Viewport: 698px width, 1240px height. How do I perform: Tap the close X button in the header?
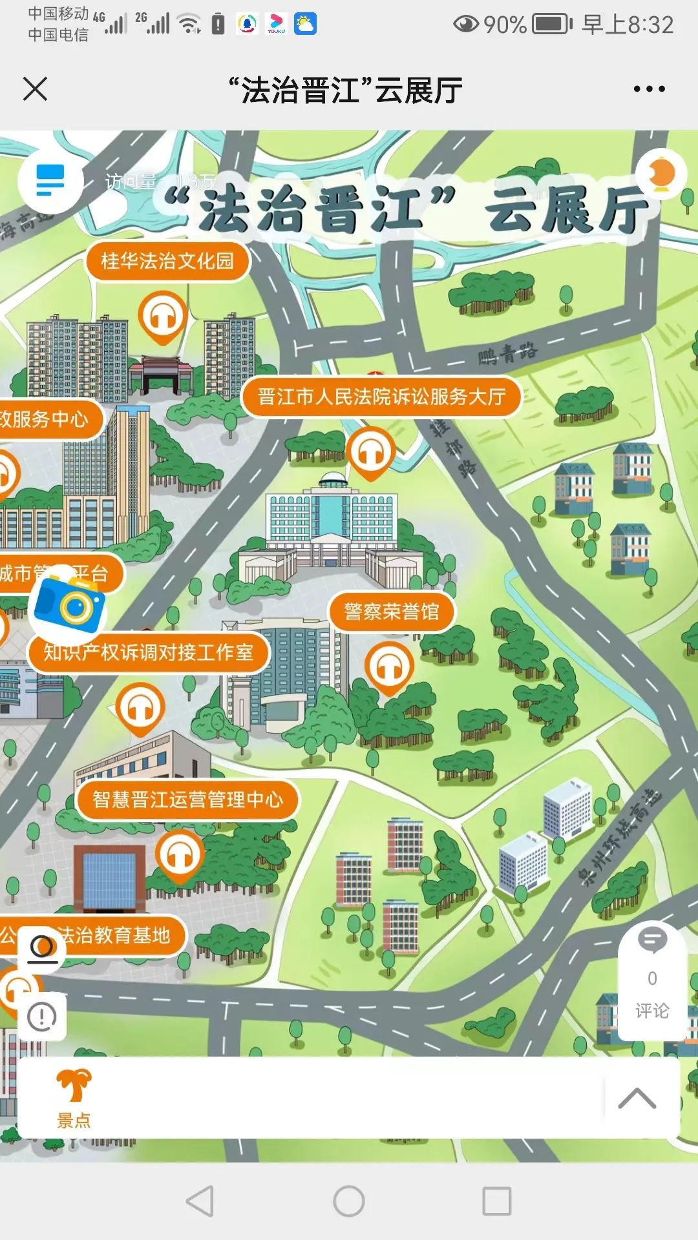(36, 89)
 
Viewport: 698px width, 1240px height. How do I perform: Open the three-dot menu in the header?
(649, 89)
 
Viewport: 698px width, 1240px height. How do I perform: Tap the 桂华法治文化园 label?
(167, 261)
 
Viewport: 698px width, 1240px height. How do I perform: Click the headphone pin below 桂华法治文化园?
(162, 316)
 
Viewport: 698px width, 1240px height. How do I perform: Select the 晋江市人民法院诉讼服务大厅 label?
(381, 397)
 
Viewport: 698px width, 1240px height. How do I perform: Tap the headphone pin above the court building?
(370, 452)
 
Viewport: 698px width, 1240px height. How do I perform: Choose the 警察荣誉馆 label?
(391, 611)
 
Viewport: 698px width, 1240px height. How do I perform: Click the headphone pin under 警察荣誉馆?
(388, 666)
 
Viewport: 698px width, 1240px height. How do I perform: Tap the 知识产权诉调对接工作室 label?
(148, 652)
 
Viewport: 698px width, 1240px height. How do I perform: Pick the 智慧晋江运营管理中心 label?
(187, 800)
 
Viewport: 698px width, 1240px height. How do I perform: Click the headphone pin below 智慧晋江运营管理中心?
(180, 856)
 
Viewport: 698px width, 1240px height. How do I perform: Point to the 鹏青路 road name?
(507, 353)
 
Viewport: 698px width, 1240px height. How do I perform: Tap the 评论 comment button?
(652, 982)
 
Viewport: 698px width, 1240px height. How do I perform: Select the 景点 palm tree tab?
(74, 1098)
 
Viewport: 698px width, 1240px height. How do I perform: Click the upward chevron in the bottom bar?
(637, 1098)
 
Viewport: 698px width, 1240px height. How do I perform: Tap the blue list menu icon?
(50, 180)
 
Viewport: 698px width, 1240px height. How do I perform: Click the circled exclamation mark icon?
(42, 1017)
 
